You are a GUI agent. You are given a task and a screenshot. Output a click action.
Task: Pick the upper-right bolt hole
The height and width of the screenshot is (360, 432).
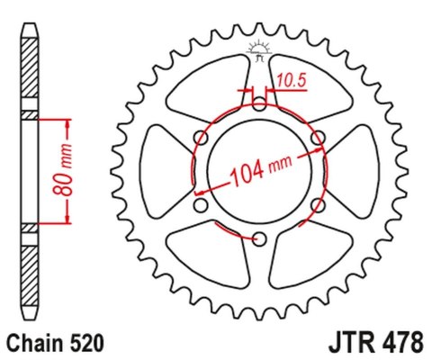(x=317, y=137)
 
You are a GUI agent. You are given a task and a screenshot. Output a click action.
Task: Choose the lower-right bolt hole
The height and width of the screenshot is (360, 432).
(x=317, y=205)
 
